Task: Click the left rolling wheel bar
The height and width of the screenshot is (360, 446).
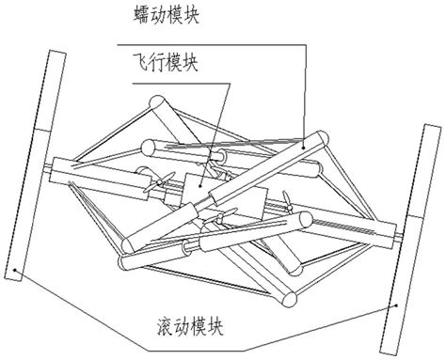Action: (x=32, y=170)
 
